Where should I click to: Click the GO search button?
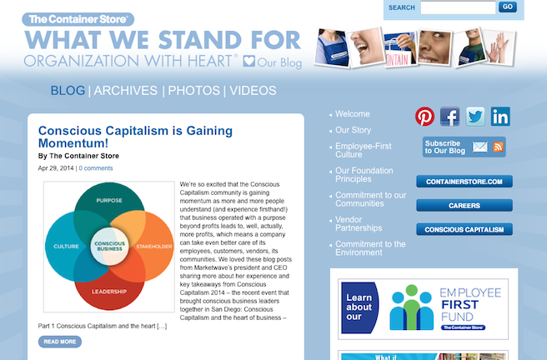[508, 7]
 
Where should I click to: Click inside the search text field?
[458, 7]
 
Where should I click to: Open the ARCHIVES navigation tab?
[126, 91]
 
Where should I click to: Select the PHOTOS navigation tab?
[194, 91]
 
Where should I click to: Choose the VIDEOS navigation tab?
[253, 91]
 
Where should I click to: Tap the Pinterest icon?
[424, 117]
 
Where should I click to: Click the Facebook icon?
[449, 117]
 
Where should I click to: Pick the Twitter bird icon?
[475, 117]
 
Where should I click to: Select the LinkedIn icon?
[500, 117]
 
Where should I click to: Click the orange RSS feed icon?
[498, 147]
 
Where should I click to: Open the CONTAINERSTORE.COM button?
[464, 182]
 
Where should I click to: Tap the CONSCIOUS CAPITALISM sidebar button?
[464, 230]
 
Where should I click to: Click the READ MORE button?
[60, 342]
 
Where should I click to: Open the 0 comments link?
[96, 168]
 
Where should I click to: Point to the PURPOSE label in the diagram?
[109, 200]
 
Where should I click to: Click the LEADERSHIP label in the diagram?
[109, 292]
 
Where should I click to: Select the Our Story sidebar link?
[353, 130]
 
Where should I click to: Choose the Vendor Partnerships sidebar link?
[359, 223]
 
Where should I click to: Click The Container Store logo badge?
[78, 19]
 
